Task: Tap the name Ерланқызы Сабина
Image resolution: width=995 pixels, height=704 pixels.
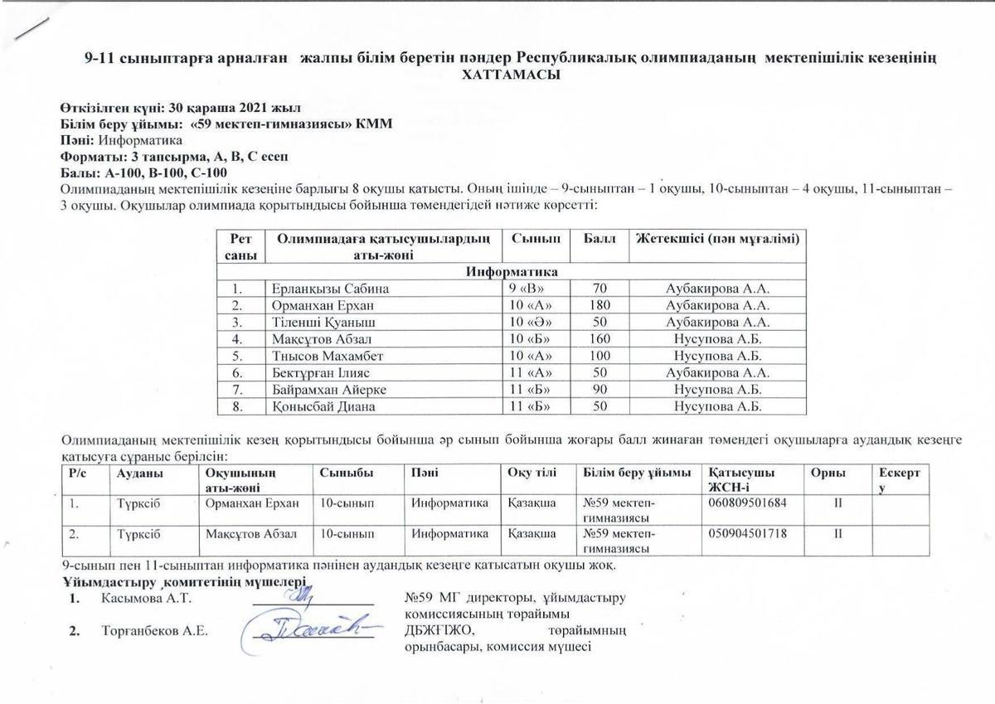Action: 330,289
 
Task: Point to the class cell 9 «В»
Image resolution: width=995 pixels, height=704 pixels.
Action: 527,289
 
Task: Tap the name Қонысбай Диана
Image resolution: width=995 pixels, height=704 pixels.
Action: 323,407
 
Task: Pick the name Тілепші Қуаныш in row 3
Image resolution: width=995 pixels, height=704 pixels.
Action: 323,323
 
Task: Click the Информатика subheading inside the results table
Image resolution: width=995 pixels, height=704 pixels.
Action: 512,272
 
